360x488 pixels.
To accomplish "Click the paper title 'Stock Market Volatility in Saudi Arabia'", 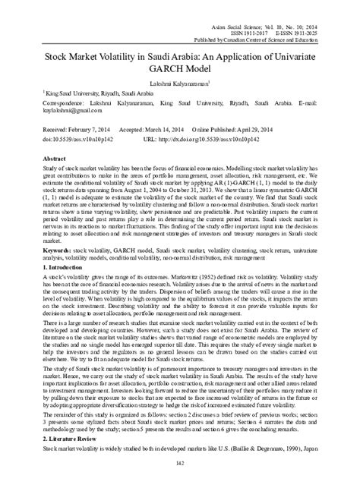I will (x=180, y=55).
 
